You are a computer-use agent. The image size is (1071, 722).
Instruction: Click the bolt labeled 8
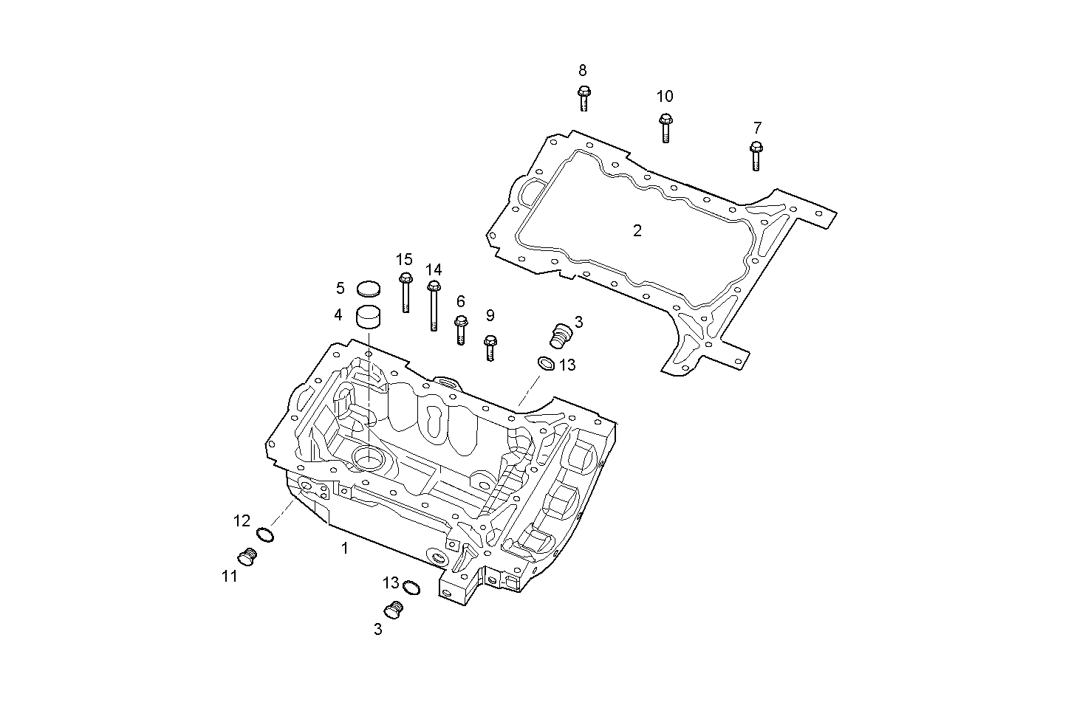(584, 97)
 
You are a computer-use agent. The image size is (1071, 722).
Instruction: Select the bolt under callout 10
(665, 127)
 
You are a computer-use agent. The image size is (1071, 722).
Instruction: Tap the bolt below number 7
(756, 156)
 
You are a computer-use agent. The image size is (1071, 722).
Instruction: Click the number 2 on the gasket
(637, 230)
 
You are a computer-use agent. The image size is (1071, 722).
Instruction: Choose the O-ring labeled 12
(265, 534)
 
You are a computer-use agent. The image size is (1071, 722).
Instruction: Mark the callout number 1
(343, 548)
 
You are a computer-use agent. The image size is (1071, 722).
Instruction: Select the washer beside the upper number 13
(545, 363)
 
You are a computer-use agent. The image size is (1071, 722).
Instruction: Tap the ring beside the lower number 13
(412, 588)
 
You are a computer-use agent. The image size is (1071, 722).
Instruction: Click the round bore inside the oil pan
(367, 458)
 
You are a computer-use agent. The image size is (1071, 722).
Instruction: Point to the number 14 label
(434, 269)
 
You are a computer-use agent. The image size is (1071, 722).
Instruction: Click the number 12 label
(242, 520)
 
